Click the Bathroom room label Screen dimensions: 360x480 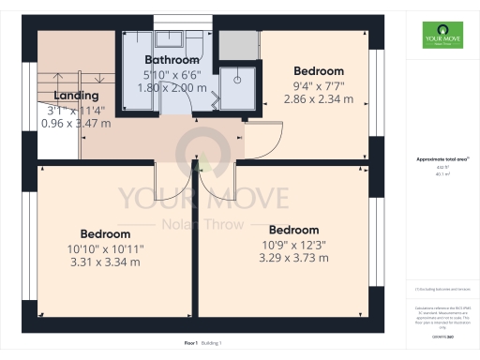click(172, 60)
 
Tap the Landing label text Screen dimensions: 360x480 click(76, 96)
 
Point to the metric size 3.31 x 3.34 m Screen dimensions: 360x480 click(105, 262)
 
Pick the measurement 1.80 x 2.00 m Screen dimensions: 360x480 click(172, 87)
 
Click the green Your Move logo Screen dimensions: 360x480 click(442, 40)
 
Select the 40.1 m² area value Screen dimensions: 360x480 click(442, 174)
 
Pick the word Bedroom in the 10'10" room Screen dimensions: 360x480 click(105, 233)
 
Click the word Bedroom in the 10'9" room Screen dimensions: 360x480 click(293, 230)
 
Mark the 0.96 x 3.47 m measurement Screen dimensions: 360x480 click(76, 123)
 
